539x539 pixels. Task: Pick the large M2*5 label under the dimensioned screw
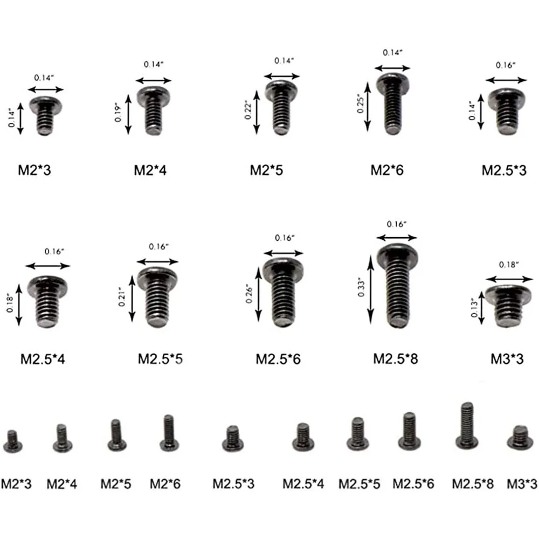coord(266,171)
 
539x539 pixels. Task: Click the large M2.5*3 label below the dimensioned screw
coord(504,171)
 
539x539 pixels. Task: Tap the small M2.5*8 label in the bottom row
coord(473,483)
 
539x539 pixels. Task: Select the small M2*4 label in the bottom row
coord(62,483)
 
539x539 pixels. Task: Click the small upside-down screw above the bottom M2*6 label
coord(169,432)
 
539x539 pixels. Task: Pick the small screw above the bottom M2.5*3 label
coord(232,438)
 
